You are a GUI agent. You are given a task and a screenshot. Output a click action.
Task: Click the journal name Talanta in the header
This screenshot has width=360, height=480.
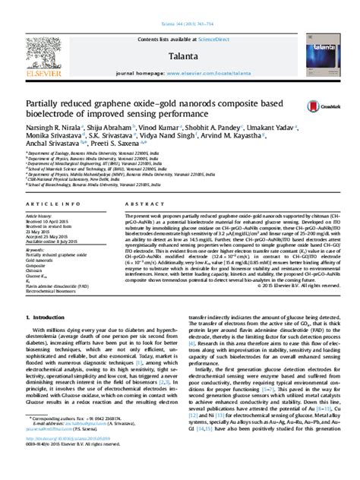point(180,34)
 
